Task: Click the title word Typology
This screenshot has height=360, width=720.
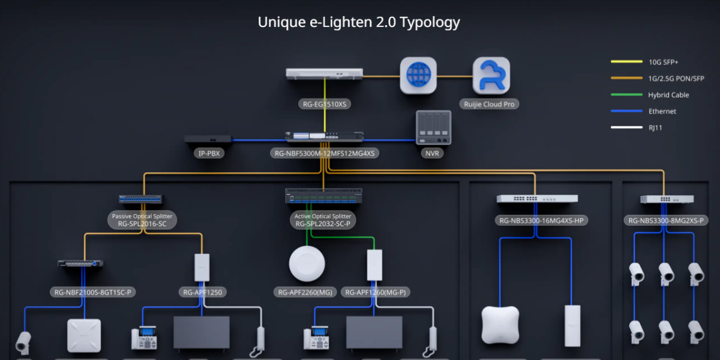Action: pos(430,22)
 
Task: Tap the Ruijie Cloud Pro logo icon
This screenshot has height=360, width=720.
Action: pos(491,76)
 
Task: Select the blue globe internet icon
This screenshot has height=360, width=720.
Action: pos(418,76)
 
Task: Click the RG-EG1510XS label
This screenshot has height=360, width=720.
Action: pos(325,104)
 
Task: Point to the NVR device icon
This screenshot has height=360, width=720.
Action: pos(433,128)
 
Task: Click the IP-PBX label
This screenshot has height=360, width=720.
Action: pos(209,154)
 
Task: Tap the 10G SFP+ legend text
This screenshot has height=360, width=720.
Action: pos(663,62)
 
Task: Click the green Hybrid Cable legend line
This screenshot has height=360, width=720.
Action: pos(625,94)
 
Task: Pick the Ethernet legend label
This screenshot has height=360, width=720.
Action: pos(662,111)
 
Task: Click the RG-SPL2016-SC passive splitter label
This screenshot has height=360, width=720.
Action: pos(142,224)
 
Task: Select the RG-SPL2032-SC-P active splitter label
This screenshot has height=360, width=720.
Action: pos(323,224)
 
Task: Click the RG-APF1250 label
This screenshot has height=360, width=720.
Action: pos(202,293)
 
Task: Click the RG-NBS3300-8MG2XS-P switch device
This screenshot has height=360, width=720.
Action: pos(667,199)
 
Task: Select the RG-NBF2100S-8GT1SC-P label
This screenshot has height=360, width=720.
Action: pos(92,293)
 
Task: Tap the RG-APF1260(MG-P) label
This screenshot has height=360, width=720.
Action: pos(376,293)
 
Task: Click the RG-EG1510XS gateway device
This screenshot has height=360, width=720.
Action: pos(324,73)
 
